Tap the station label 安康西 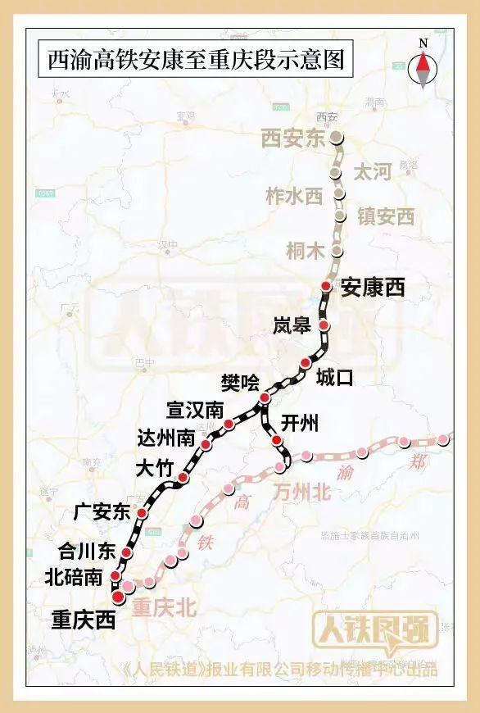coord(373,287)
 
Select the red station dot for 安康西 coord(326,286)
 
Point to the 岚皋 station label coord(292,326)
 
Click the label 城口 coord(334,377)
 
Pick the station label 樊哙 coord(240,381)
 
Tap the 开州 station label coord(300,423)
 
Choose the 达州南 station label coord(167,438)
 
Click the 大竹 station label coord(155,469)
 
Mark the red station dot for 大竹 coord(183,478)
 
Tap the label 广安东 coord(102,513)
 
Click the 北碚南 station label coord(75,577)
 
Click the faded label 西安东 coord(293,138)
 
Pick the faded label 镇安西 coord(385,216)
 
